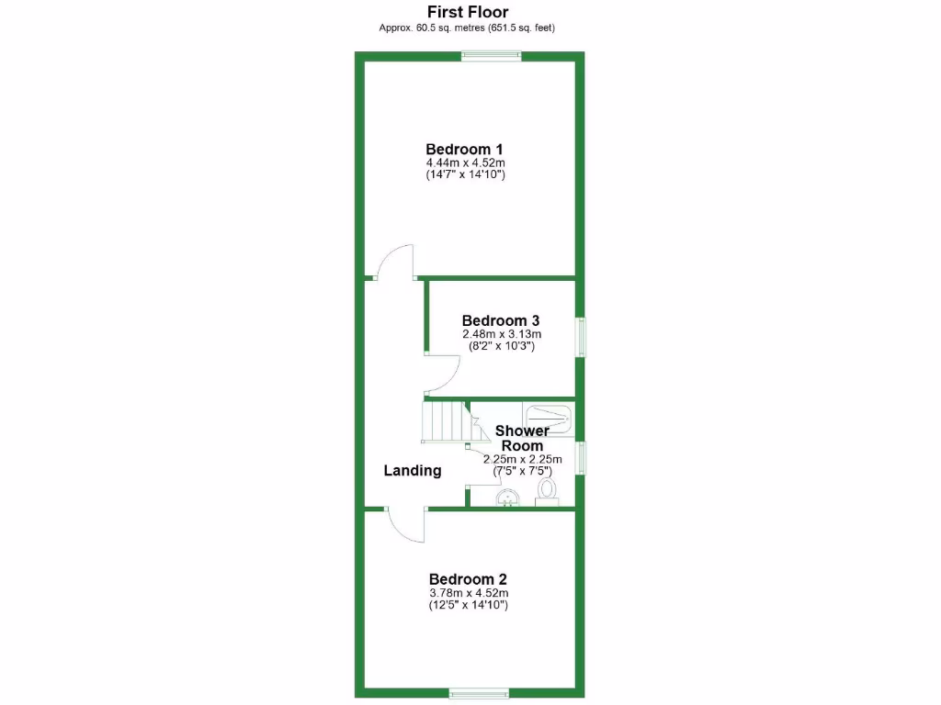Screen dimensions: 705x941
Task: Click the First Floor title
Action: pos(468,12)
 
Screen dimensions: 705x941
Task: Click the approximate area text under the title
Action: pos(468,28)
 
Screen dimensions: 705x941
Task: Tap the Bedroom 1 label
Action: pos(464,149)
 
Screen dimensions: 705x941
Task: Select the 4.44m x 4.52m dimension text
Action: pos(464,162)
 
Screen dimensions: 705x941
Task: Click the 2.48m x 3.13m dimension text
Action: pos(501,334)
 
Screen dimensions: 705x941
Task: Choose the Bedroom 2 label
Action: pos(468,579)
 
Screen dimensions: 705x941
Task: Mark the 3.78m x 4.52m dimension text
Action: pos(468,593)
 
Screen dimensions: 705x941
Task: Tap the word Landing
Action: pos(412,470)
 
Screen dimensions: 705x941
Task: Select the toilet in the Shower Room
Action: pos(547,493)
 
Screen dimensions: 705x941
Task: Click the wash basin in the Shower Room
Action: pos(507,498)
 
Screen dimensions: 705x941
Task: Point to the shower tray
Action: pos(549,417)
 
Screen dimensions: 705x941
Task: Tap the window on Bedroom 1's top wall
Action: pos(492,56)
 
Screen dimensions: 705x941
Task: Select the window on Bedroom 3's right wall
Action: pos(581,336)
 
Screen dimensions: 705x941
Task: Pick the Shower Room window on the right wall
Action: pos(581,457)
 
